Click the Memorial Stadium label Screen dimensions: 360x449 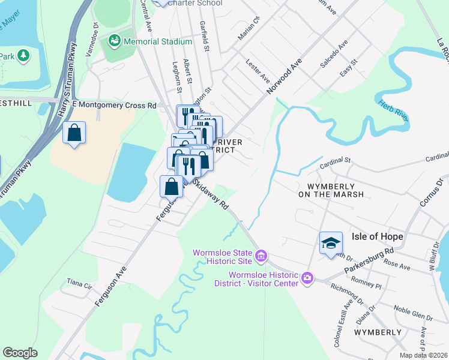pos(158,41)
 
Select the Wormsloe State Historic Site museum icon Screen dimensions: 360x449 pos(261,257)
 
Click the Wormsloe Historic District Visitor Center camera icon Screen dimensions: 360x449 pos(307,278)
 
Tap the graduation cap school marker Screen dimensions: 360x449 pos(331,242)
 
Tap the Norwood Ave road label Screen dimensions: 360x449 pos(283,76)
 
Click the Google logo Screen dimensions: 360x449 pos(20,353)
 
